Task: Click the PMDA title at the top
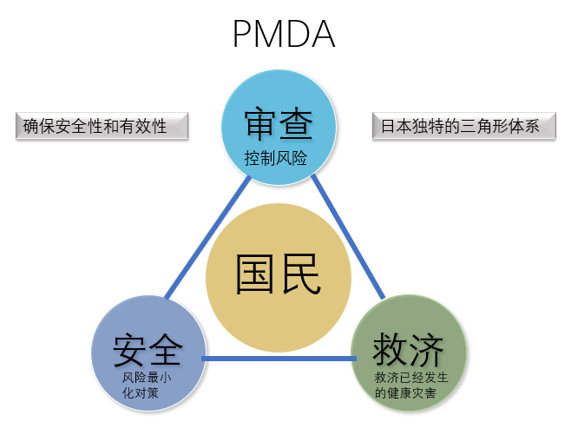pos(283,35)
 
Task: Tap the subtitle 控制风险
pos(277,160)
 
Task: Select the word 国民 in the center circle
pos(278,276)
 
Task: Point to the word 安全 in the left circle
pos(148,350)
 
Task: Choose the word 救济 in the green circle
pos(408,350)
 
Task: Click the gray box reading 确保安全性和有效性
pos(102,127)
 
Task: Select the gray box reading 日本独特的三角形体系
pos(463,127)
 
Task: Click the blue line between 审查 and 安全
pos(208,239)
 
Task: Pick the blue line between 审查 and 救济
pos(347,234)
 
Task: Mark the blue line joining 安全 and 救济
pos(278,359)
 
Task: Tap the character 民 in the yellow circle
pos(300,276)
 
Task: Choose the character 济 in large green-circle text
pos(427,350)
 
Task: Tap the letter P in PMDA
pos(244,35)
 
